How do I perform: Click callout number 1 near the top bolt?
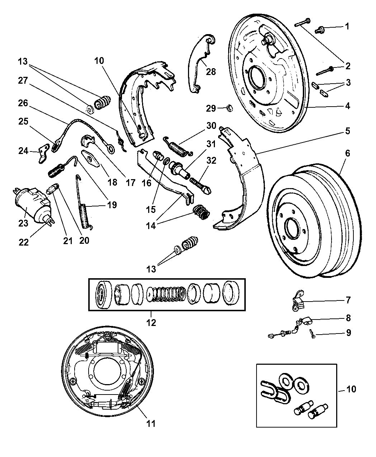pos(347,26)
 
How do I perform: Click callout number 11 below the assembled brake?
pos(151,424)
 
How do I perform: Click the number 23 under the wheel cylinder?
pos(23,223)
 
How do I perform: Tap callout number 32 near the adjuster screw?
pos(211,160)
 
